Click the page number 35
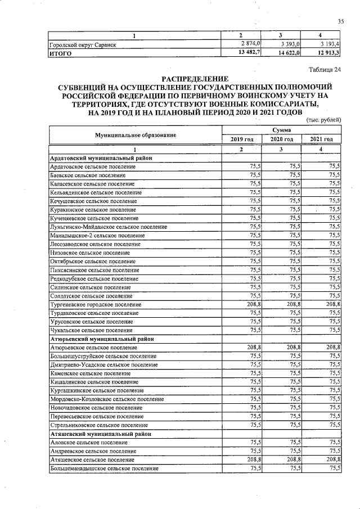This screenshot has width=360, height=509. click(340, 21)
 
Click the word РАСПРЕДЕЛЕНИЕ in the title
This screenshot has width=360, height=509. click(195, 78)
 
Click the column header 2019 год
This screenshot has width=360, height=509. click(242, 139)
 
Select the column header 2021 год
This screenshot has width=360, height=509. click(321, 139)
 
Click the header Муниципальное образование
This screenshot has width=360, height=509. click(135, 134)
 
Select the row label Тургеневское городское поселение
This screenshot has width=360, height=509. click(95, 304)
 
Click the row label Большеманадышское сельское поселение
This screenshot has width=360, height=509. click(104, 469)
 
